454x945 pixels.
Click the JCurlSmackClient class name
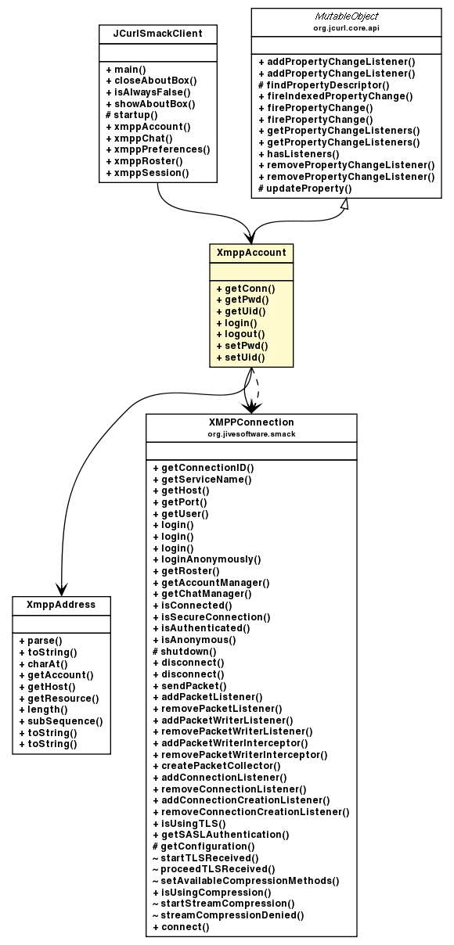(x=157, y=34)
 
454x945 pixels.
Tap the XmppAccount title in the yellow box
(x=250, y=253)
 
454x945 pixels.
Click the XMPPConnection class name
(x=251, y=422)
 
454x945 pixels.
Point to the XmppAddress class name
(x=61, y=605)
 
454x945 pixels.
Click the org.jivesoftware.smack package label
(x=251, y=433)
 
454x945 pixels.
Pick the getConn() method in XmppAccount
(x=245, y=288)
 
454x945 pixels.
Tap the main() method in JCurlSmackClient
(x=125, y=69)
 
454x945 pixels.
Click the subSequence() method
(x=60, y=720)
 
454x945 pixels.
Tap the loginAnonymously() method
(x=206, y=559)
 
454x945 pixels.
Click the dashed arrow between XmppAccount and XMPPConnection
(x=261, y=387)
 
